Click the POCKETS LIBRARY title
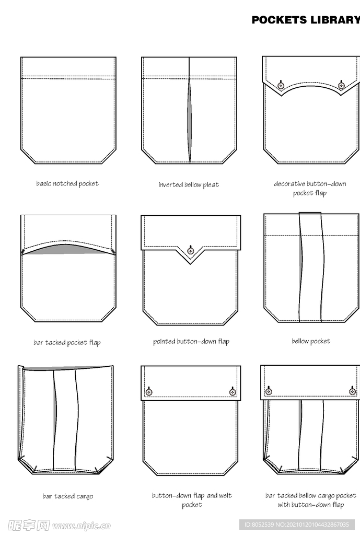point(306,20)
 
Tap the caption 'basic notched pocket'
point(67,183)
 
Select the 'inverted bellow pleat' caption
point(189,184)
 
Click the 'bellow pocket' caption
point(311,341)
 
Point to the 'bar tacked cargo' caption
point(67,496)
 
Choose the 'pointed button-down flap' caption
point(191,342)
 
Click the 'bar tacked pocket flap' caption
point(67,342)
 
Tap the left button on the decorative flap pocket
point(281,85)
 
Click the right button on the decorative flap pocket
point(341,85)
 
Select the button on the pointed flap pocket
point(191,251)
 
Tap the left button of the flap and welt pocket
point(149,392)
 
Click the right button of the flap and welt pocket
point(233,392)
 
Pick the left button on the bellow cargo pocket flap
point(269,391)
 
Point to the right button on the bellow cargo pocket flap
point(353,391)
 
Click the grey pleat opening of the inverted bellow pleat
point(189,121)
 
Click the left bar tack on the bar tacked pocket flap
point(23,251)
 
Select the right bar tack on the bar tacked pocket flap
point(113,251)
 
